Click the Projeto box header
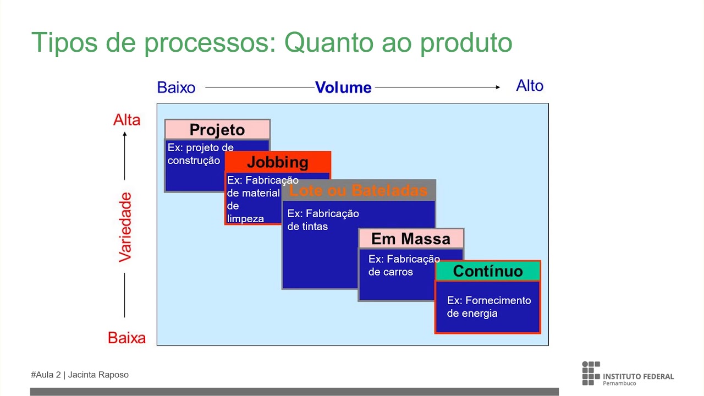(217, 130)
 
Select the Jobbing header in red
(278, 162)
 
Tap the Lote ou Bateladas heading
(358, 190)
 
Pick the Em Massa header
(411, 239)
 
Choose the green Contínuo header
(488, 271)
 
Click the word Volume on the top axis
(343, 87)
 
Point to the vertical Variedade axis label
(126, 227)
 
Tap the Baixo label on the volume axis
(176, 87)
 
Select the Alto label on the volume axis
(530, 86)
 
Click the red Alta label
(127, 120)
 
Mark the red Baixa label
(127, 338)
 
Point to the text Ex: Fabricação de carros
(404, 265)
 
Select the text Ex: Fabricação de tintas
(323, 220)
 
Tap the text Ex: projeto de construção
(200, 154)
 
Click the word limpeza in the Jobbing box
(245, 219)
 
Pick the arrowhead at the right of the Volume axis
(497, 87)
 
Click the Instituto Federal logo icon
(591, 373)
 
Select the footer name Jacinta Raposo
(98, 375)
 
